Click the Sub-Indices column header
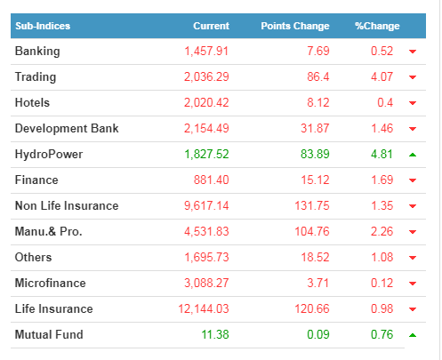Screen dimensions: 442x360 (43, 26)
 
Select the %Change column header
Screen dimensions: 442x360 (377, 26)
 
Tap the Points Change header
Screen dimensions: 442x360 (295, 26)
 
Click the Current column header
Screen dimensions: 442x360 (212, 26)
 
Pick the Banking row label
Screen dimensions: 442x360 (37, 52)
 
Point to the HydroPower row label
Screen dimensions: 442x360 (49, 155)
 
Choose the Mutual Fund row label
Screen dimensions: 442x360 (49, 334)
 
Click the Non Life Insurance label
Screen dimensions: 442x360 (67, 205)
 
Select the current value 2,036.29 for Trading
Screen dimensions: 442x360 (206, 77)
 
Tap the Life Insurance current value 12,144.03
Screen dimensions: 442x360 (204, 308)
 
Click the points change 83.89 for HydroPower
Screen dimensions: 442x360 (315, 154)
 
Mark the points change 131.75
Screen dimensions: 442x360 (312, 205)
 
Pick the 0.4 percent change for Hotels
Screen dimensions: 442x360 (385, 103)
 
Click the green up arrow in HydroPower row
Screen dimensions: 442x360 (413, 155)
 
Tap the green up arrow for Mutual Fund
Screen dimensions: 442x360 (413, 335)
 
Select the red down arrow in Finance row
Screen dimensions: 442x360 (413, 180)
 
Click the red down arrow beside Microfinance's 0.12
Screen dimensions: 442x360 (413, 284)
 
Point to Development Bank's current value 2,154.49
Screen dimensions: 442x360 (206, 129)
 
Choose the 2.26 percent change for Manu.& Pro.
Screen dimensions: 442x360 (382, 231)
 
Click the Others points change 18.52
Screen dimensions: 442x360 (315, 257)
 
